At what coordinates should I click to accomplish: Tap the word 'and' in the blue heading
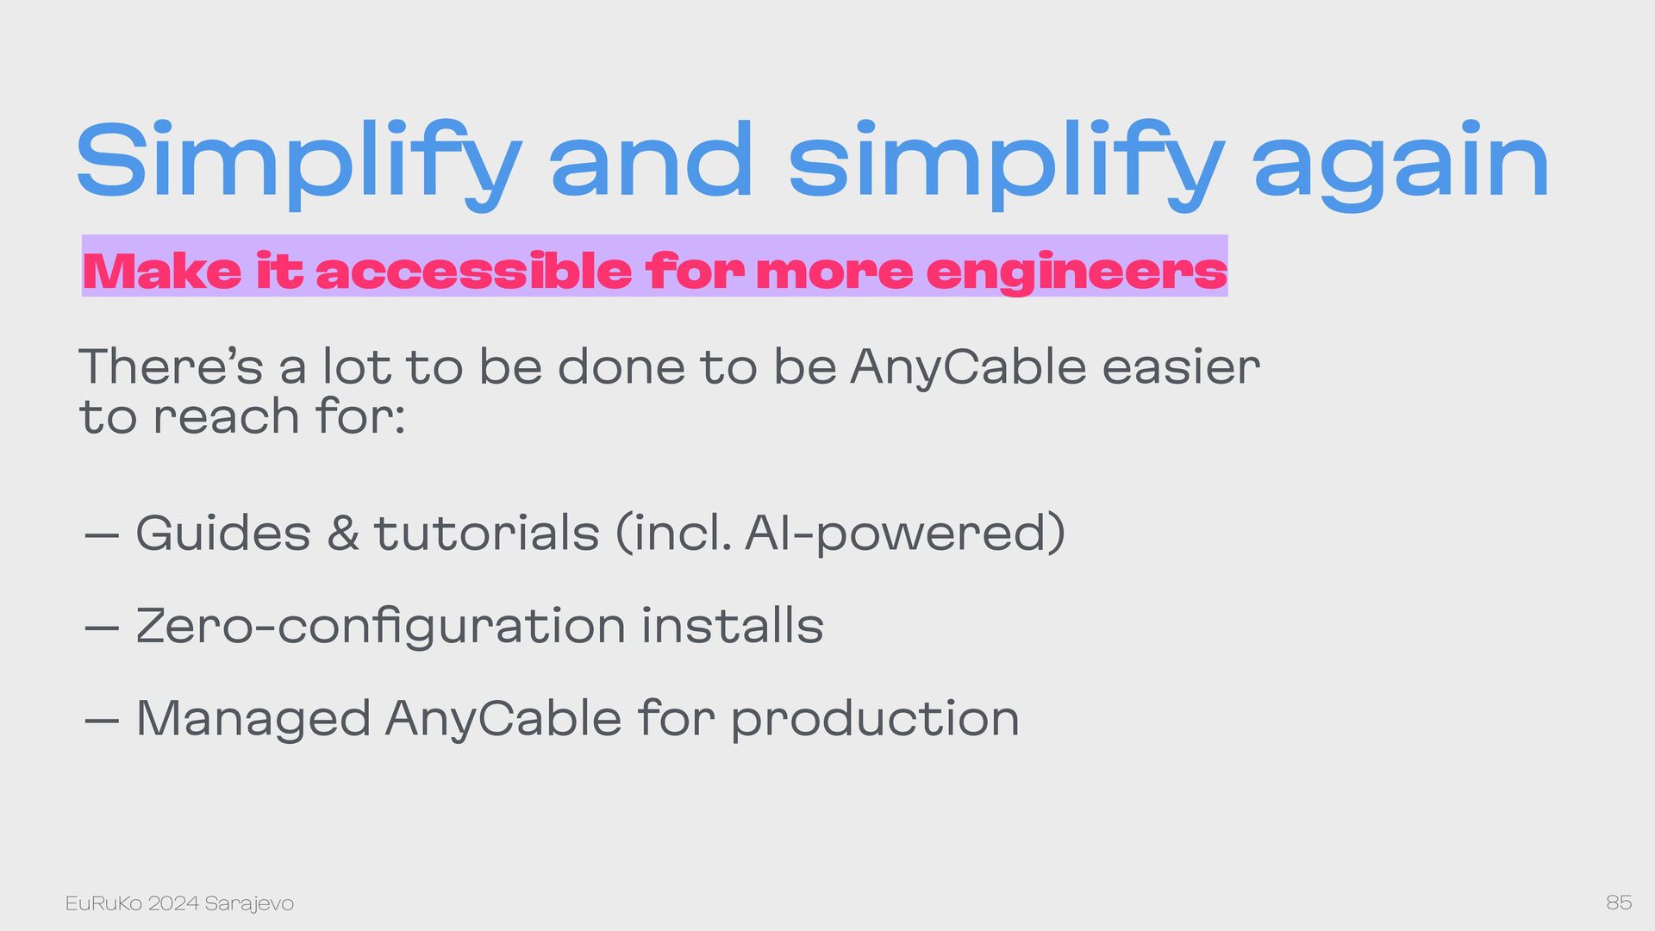pos(652,160)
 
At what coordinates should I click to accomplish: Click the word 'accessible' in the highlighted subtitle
pos(474,271)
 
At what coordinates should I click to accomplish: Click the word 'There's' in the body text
pos(171,366)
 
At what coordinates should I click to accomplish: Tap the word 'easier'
pos(1181,366)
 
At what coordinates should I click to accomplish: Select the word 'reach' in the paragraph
pos(226,416)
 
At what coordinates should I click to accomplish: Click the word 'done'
pos(620,366)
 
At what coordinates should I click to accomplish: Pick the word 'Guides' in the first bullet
pos(223,533)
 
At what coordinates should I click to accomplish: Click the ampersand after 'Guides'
pos(343,533)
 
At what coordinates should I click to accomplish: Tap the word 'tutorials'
pos(486,533)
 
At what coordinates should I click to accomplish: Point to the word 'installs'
pos(732,625)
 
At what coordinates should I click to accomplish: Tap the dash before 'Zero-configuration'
pos(102,628)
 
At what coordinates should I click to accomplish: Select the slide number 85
pos(1619,903)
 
